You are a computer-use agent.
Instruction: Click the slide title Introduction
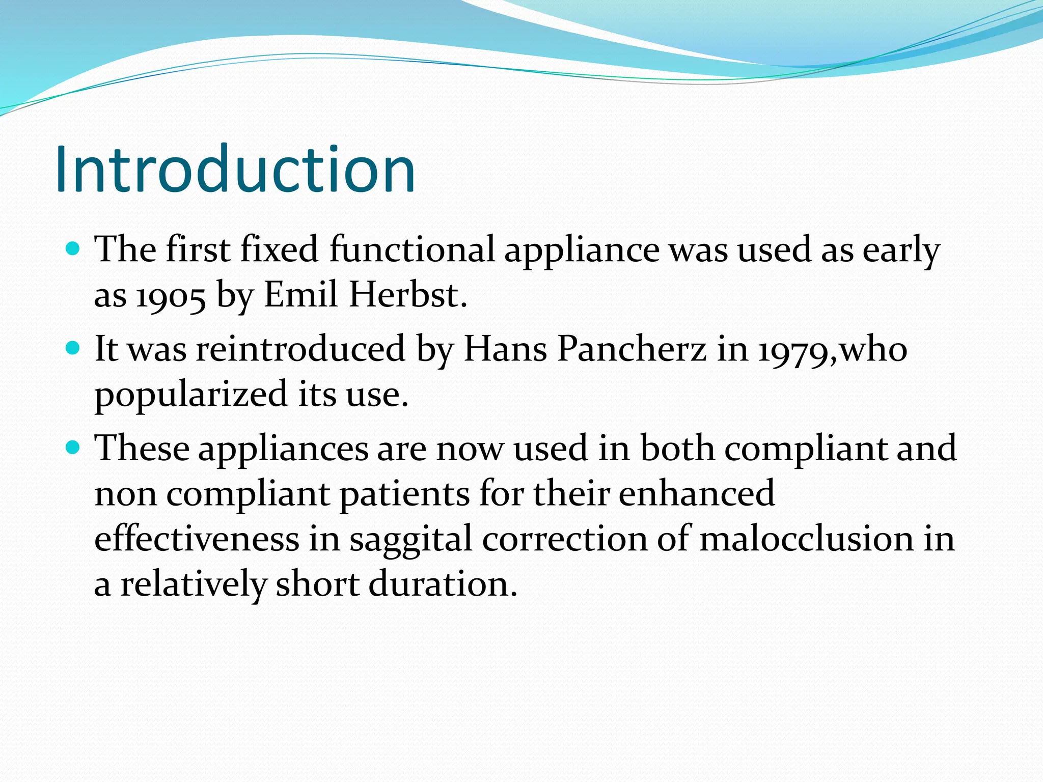coord(235,170)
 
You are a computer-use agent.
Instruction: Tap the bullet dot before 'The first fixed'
coord(74,249)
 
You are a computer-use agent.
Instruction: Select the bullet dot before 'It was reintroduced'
coord(74,349)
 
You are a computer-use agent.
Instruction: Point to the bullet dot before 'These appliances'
coord(74,448)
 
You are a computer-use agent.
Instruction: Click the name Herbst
coord(407,295)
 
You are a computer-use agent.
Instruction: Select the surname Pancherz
coord(632,349)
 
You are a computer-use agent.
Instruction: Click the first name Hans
coord(504,349)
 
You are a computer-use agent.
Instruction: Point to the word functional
coord(412,249)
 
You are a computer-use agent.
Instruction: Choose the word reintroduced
coord(300,349)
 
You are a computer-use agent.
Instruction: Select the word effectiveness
coord(197,539)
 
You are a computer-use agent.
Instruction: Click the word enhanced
coord(696,493)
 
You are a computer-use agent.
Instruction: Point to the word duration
coord(443,584)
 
